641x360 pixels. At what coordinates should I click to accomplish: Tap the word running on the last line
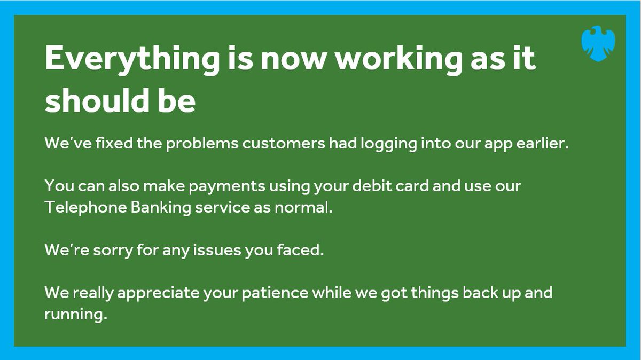(x=75, y=315)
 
